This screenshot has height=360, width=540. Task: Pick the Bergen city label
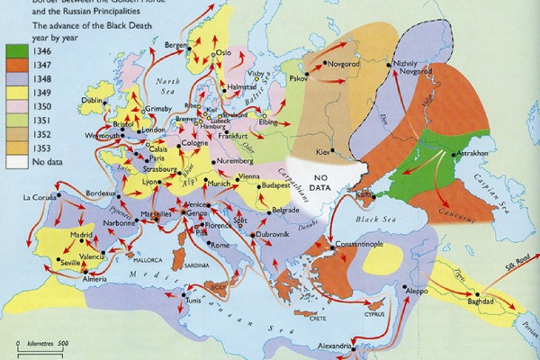pos(175,44)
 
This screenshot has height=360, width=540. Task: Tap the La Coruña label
pos(40,197)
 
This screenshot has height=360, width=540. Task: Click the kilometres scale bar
pos(40,352)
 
